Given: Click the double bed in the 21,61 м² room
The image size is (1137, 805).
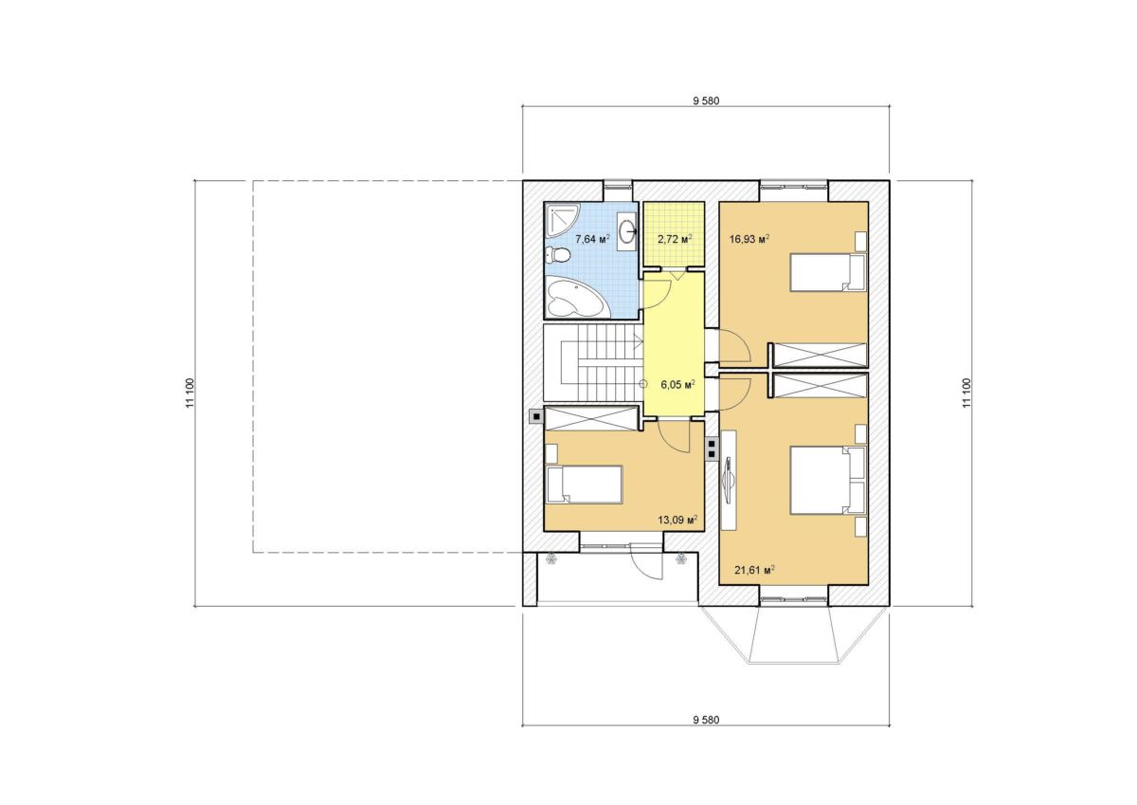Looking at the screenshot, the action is [827, 480].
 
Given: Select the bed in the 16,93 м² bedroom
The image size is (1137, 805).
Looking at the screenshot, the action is [827, 273].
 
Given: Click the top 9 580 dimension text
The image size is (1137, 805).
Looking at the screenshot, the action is [706, 101].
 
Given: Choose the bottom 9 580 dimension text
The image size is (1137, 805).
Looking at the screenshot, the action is [706, 720].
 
